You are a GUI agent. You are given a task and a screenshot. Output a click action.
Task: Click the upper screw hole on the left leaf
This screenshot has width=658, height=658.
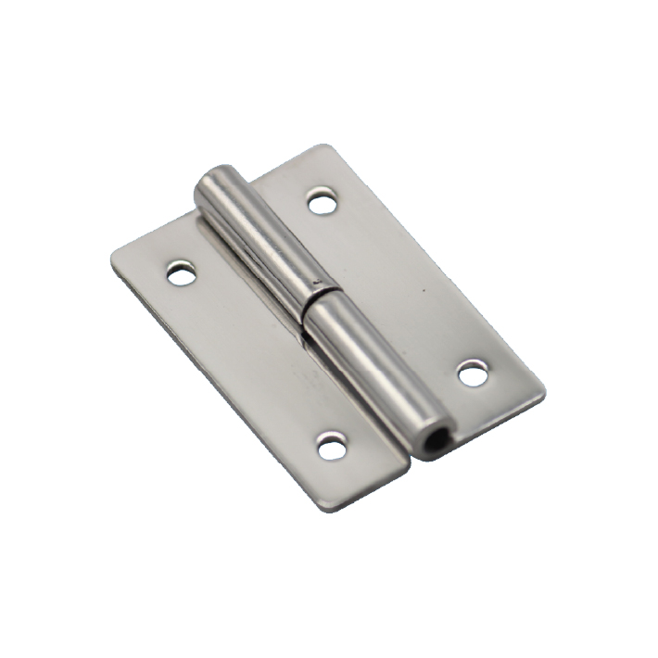tap(182, 273)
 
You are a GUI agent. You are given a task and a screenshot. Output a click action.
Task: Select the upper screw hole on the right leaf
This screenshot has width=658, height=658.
tap(323, 201)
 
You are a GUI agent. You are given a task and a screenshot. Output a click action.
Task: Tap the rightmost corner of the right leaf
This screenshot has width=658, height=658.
tap(544, 397)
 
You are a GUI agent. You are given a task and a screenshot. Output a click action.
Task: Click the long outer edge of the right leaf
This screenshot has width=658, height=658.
tap(436, 269)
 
